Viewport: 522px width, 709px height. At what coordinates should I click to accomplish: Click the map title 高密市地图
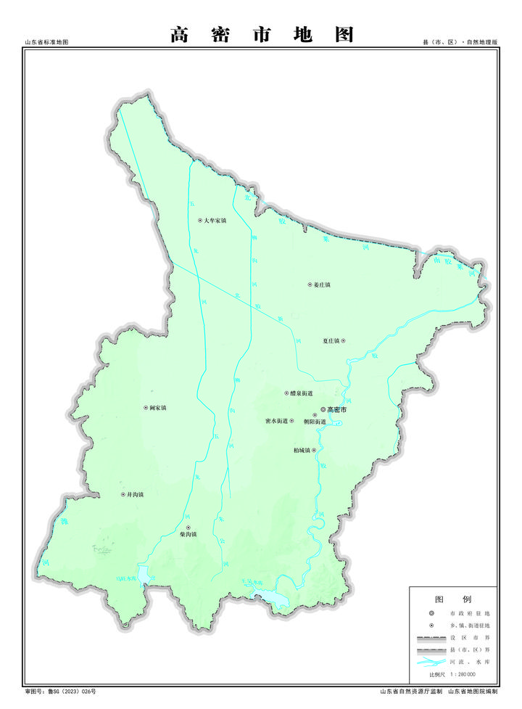click(x=262, y=34)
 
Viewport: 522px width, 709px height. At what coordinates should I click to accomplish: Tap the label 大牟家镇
click(x=215, y=220)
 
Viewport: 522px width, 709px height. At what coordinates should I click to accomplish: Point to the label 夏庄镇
click(x=331, y=340)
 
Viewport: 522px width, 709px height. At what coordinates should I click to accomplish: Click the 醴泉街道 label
click(x=301, y=393)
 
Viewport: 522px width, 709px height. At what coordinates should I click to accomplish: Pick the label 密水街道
click(x=277, y=421)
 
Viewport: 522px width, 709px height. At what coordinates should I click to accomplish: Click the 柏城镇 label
click(x=302, y=450)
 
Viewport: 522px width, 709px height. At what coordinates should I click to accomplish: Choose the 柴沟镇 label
click(x=188, y=534)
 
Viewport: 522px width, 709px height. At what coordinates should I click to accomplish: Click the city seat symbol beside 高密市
click(x=323, y=409)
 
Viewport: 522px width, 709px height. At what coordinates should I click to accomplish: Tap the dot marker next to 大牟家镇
click(x=200, y=220)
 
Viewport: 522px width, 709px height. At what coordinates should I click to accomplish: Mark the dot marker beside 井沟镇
click(x=123, y=495)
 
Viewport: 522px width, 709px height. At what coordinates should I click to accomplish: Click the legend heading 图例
click(x=452, y=599)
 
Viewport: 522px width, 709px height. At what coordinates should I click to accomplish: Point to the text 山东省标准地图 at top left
click(x=46, y=44)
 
